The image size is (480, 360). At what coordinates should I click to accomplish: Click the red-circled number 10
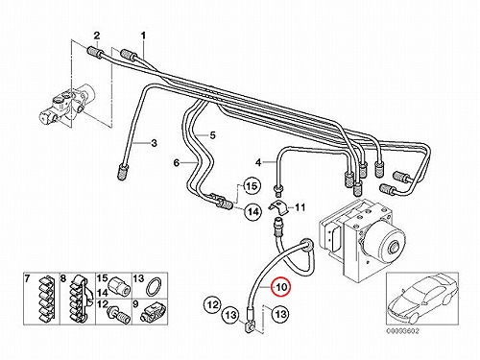coord(282,287)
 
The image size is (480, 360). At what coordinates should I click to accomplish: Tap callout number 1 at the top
coord(143,36)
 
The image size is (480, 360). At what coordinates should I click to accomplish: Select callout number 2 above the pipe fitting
coord(97,36)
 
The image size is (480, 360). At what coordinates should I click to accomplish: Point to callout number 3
coord(154,143)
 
